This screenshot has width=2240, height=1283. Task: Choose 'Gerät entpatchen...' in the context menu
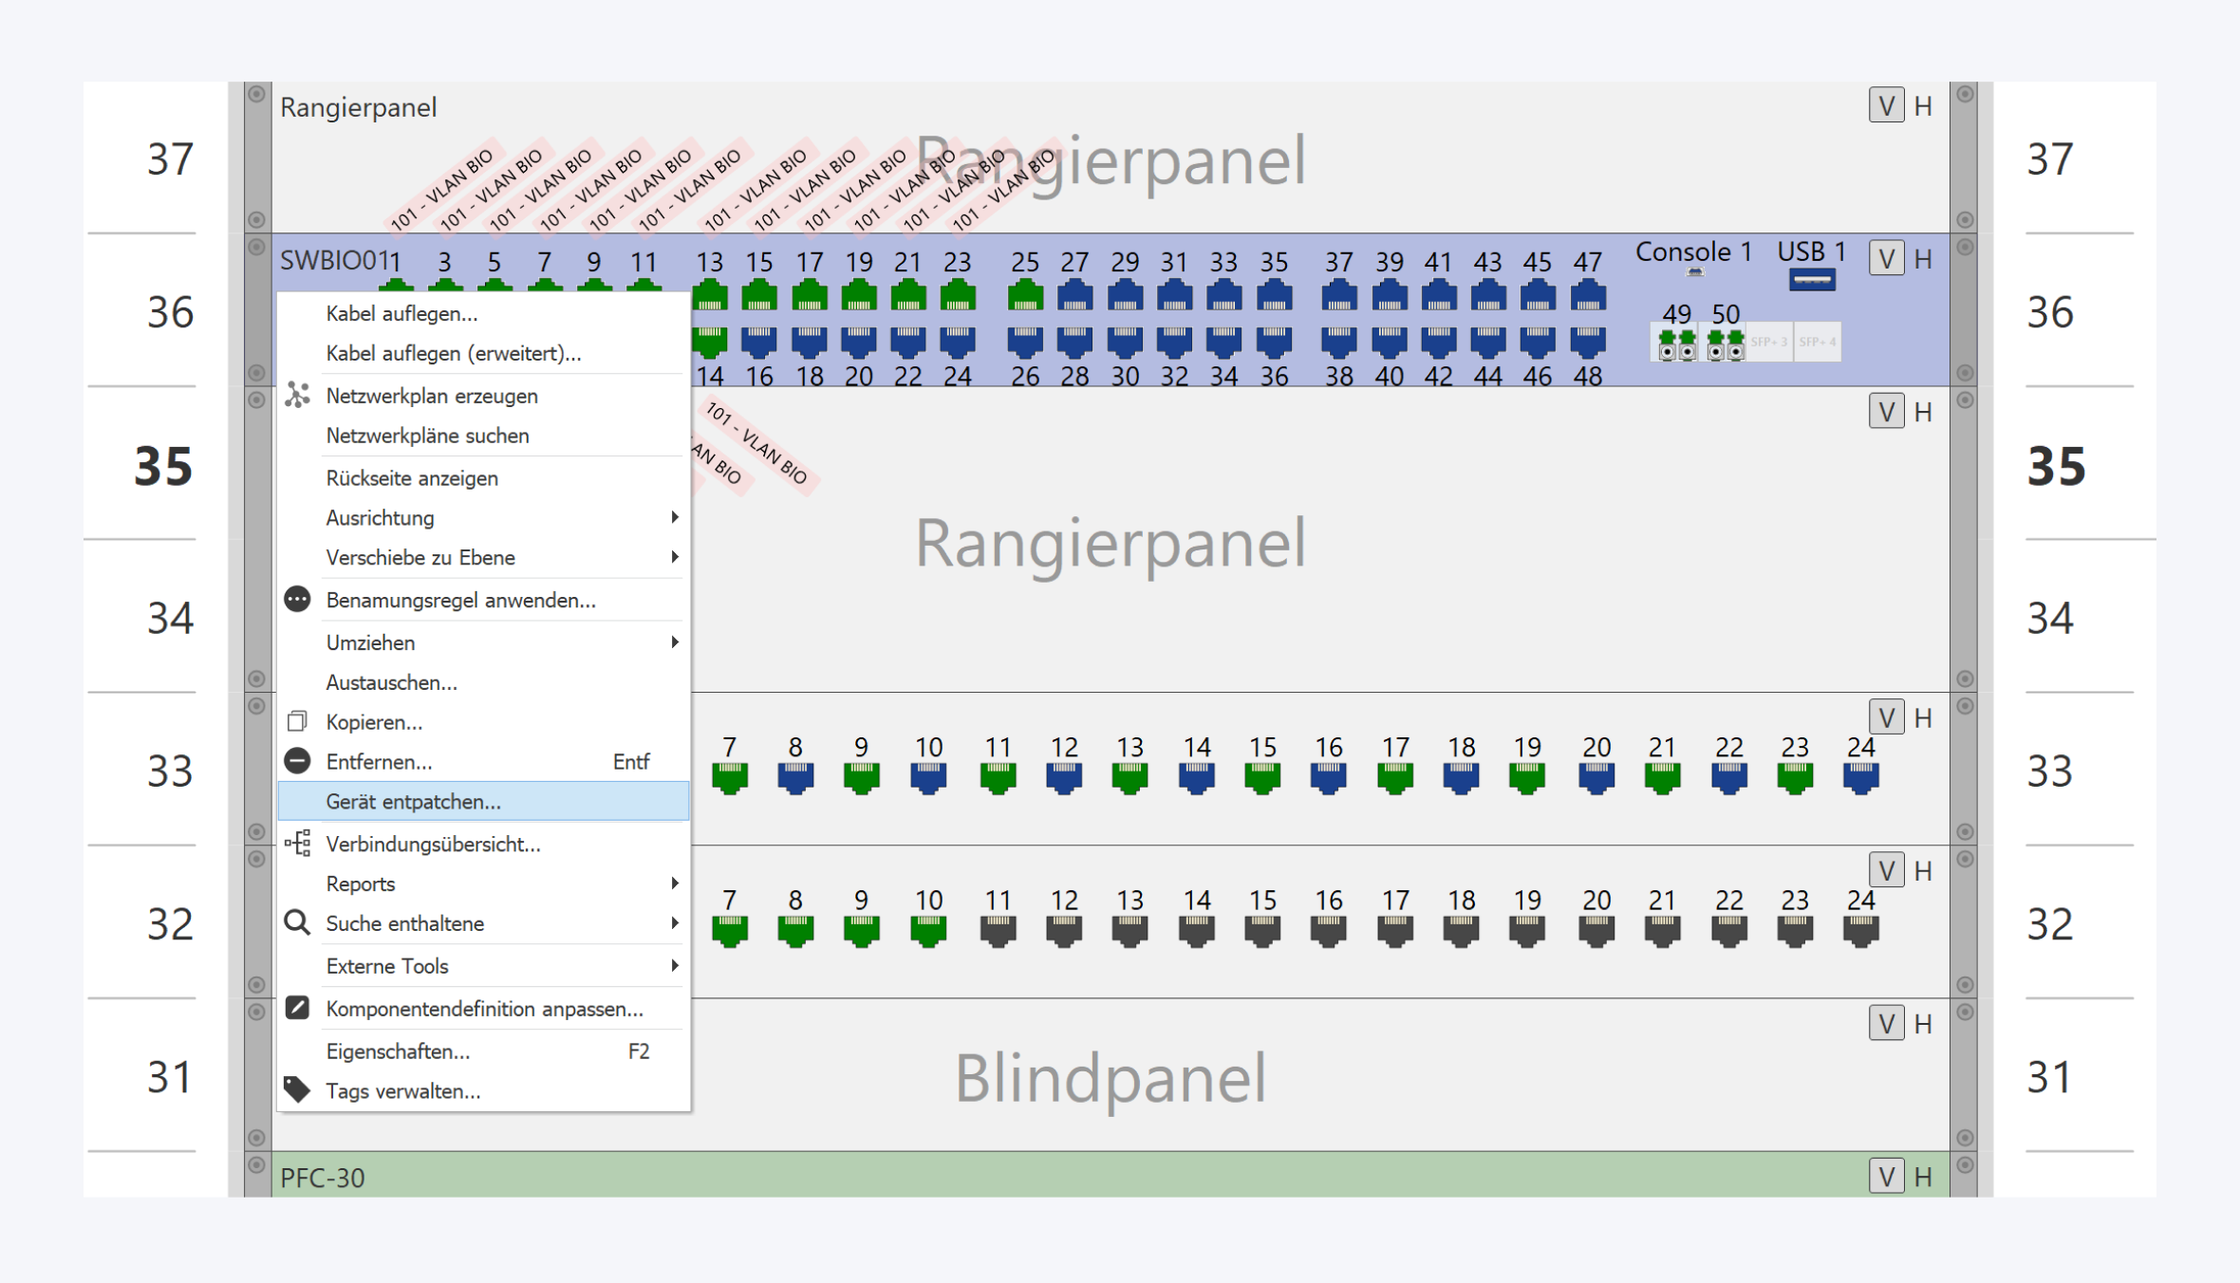[x=413, y=802]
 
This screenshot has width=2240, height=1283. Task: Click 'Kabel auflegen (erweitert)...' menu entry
[x=453, y=353]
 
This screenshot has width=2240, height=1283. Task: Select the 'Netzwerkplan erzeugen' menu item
[x=431, y=396]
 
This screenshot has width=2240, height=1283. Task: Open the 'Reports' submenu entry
[x=360, y=883]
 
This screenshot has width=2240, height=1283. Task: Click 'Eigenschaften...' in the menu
[x=397, y=1051]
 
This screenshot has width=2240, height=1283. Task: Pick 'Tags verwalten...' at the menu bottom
[x=402, y=1091]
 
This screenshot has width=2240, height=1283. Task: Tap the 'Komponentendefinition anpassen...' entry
[x=483, y=1009]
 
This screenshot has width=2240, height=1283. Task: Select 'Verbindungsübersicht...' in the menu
[x=433, y=844]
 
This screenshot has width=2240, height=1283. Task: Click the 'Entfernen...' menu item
[x=378, y=762]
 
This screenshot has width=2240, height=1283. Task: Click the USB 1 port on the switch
[x=1811, y=280]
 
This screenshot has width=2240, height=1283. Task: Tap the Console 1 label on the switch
[x=1692, y=252]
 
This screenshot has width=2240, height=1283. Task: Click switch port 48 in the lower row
[x=1587, y=341]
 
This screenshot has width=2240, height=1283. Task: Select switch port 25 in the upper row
[x=1024, y=297]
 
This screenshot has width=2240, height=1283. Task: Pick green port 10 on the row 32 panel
[x=928, y=931]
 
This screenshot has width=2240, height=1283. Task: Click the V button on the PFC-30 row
[x=1886, y=1177]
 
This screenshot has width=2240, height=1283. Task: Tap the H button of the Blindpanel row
[x=1923, y=1024]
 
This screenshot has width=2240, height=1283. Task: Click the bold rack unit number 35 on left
[x=163, y=466]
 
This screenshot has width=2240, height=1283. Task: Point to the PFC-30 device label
[x=323, y=1178]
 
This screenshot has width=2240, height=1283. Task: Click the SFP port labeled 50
[x=1725, y=344]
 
